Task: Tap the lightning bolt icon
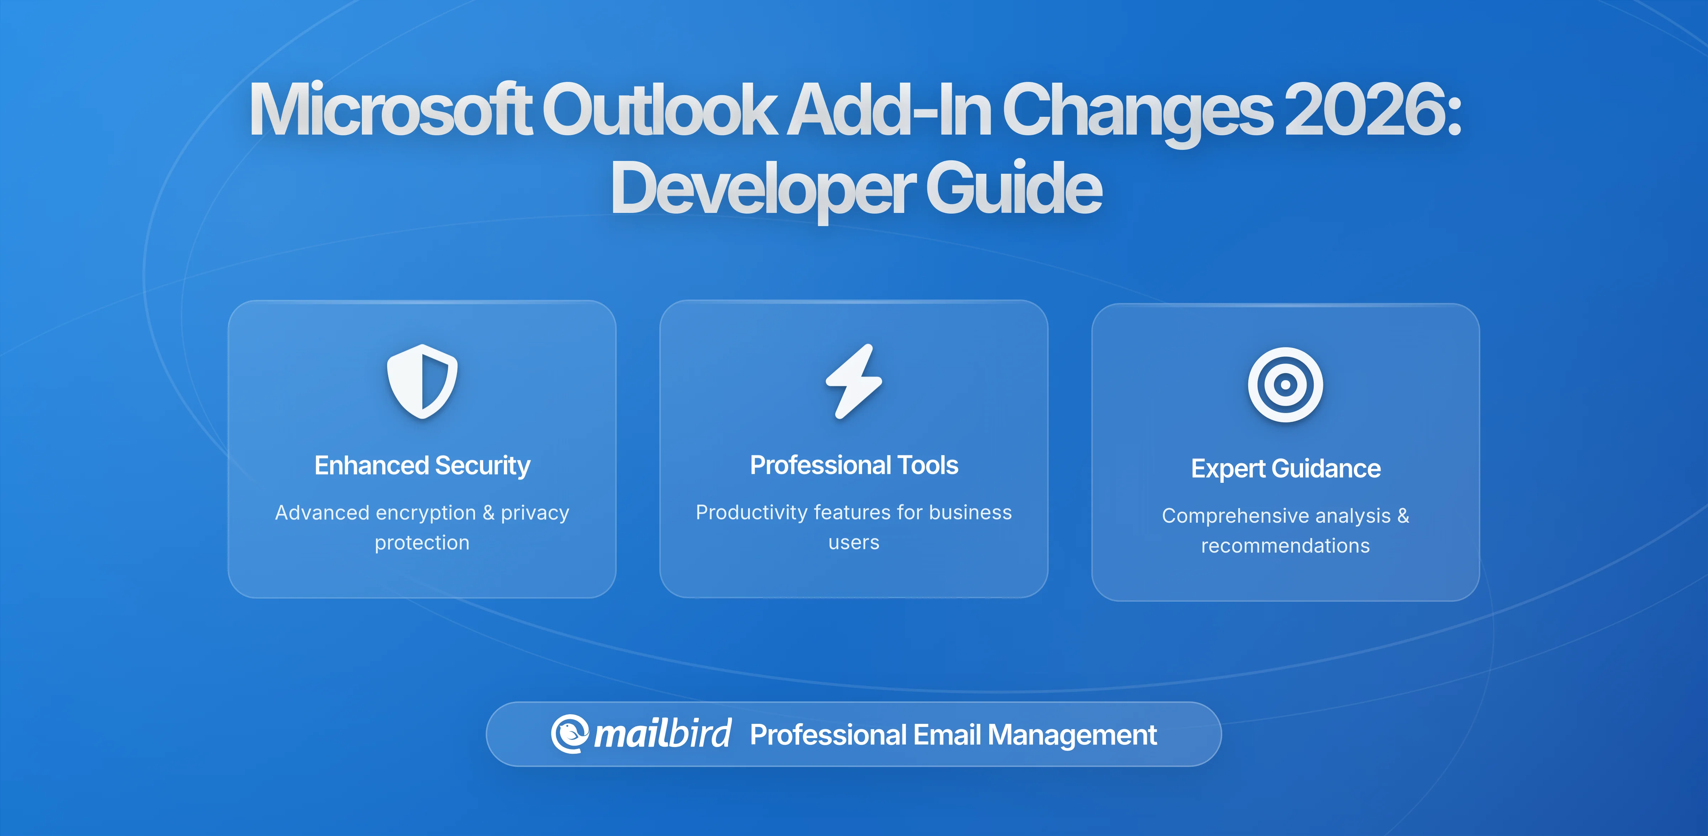click(854, 382)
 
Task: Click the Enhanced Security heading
click(422, 466)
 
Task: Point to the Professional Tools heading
click(854, 465)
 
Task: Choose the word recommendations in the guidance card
click(1285, 546)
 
